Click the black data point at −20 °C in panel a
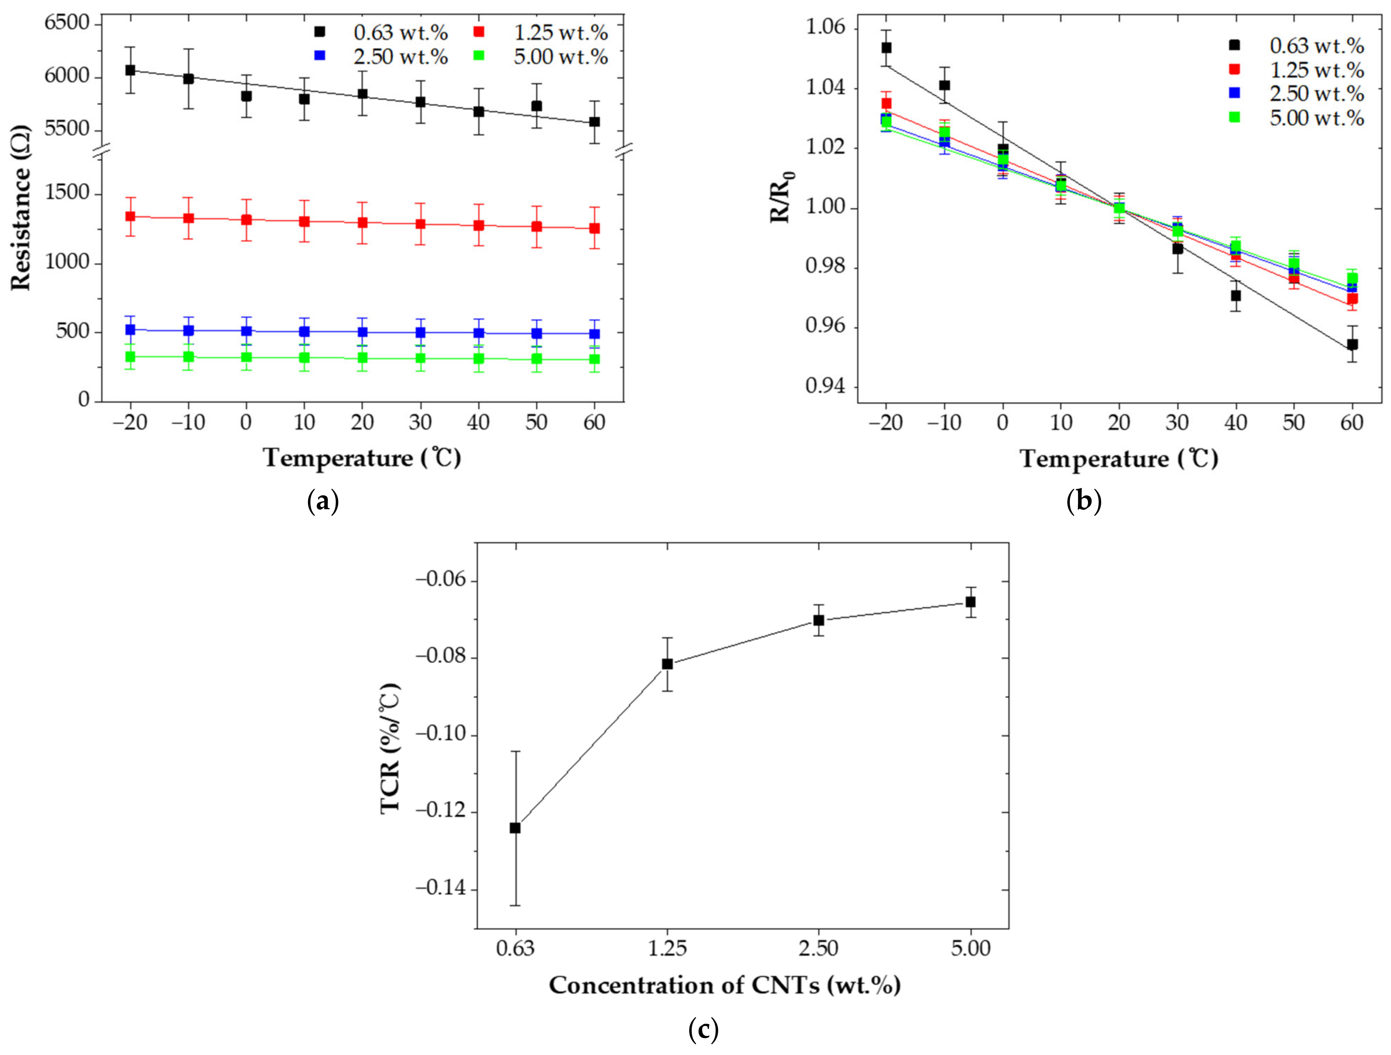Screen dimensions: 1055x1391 click(130, 70)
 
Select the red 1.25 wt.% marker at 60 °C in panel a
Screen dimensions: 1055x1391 click(594, 228)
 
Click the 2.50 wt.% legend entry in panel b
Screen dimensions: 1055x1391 click(1316, 94)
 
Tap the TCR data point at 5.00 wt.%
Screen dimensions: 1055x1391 click(970, 602)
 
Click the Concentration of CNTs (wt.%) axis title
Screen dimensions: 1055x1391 click(724, 985)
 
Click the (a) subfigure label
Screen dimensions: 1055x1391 click(323, 501)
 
